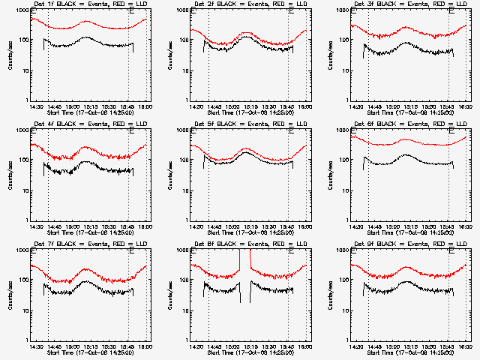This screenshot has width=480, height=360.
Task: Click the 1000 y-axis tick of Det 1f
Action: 22,11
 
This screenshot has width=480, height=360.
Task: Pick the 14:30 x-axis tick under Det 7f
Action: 35,346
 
